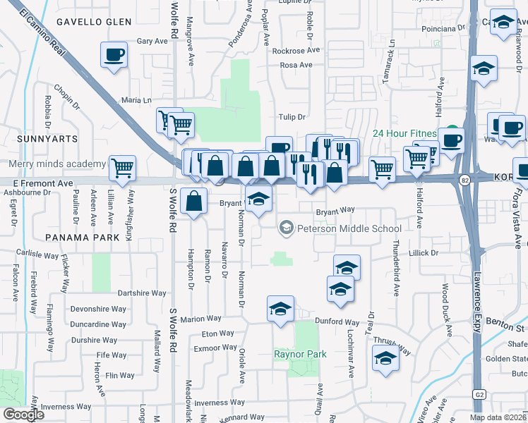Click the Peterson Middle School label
(349, 228)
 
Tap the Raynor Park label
(300, 354)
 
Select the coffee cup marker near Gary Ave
(114, 55)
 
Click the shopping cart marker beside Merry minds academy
(122, 168)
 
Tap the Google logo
(23, 415)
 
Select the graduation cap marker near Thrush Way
(385, 359)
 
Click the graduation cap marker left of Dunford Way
(280, 309)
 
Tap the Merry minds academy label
(58, 164)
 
